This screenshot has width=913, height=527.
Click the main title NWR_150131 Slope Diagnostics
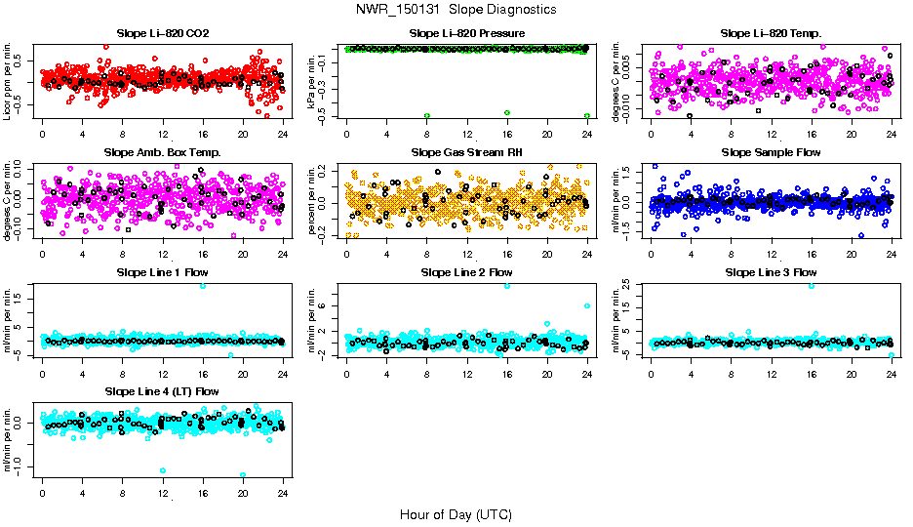click(x=456, y=9)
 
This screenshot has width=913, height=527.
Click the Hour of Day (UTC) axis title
click(x=456, y=513)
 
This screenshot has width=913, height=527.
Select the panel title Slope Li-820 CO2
click(x=162, y=34)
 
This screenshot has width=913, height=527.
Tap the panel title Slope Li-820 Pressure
click(x=467, y=34)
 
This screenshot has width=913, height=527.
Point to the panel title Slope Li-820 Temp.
click(x=771, y=34)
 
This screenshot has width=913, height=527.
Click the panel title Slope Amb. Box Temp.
click(x=162, y=153)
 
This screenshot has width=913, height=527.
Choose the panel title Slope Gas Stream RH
click(x=467, y=153)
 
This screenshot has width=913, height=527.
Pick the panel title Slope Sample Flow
click(x=771, y=153)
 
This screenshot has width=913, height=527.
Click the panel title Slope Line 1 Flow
click(x=162, y=272)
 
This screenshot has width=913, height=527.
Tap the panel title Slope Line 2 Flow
click(x=467, y=272)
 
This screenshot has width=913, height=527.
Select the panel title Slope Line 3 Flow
click(x=771, y=272)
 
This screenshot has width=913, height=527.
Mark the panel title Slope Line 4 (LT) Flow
click(x=162, y=391)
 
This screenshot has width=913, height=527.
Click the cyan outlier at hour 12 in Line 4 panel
click(x=162, y=470)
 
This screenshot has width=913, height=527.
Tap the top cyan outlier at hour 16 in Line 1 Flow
click(x=203, y=286)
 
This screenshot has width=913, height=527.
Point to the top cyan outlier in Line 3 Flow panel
click(x=812, y=286)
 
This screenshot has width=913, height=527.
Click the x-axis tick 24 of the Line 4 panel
click(x=283, y=493)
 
